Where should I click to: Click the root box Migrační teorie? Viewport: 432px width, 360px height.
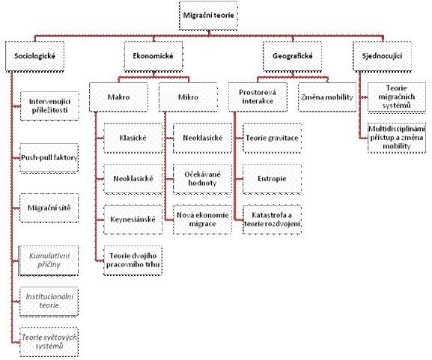point(208,16)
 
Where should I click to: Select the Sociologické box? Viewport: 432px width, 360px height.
point(34,56)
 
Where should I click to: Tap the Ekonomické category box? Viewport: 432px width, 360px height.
point(153,56)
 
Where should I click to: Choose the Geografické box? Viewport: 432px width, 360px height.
point(292,56)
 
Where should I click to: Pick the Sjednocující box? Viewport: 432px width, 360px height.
point(382,56)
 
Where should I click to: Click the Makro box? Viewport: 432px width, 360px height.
point(118,97)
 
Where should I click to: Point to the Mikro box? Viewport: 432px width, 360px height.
point(188,97)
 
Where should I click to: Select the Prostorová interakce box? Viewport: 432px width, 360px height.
point(258,97)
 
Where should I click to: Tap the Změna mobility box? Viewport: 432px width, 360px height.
point(327,97)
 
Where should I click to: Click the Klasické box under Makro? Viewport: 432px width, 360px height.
point(133,138)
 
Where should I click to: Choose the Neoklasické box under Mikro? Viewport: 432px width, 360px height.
point(202,138)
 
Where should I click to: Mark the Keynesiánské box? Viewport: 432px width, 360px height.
point(133,219)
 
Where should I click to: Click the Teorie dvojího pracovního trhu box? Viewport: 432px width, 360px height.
point(133,260)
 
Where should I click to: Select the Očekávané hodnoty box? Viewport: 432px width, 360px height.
point(202,179)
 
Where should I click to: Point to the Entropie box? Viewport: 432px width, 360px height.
point(272,179)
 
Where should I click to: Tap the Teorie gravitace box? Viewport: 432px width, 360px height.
point(272,138)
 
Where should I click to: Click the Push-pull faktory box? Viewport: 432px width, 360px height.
point(49,158)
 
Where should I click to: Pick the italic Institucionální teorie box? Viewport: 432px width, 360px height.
point(49,301)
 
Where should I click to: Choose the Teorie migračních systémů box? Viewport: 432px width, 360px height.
point(397,97)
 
